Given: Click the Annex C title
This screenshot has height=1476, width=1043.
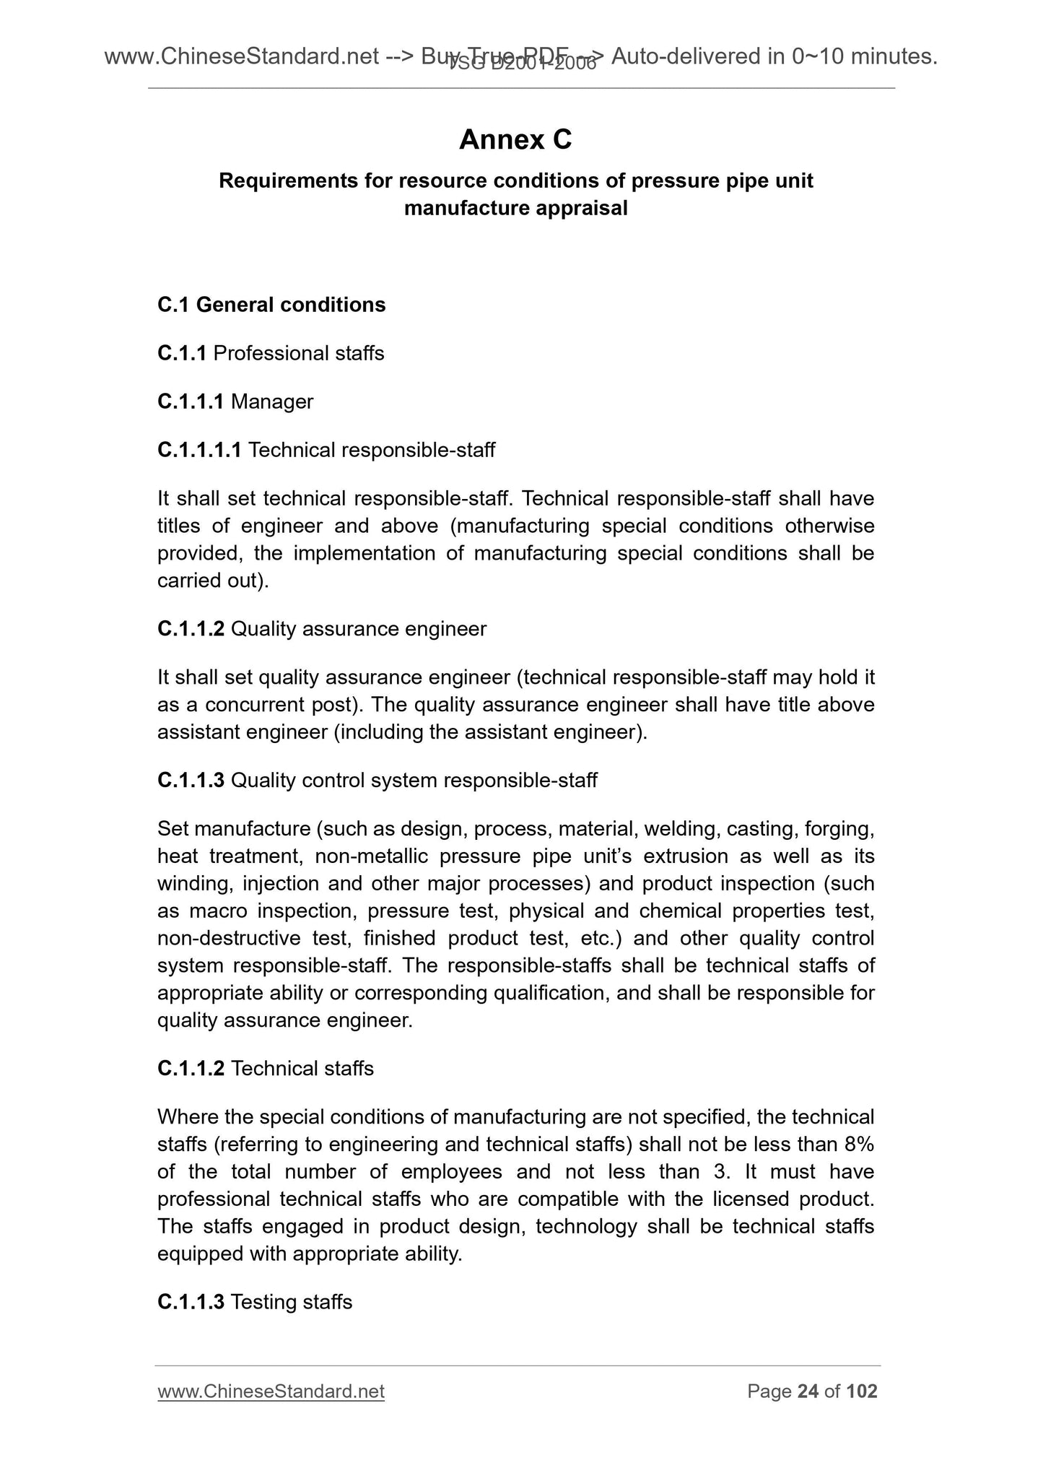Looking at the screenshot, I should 515,139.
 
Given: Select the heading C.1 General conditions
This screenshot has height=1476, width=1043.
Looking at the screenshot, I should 271,305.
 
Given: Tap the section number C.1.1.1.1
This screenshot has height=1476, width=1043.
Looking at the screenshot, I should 199,451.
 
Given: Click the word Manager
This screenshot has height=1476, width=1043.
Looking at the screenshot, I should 272,401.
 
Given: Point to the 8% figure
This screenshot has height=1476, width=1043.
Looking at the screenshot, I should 858,1145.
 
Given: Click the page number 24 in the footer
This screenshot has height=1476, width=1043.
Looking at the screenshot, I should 808,1392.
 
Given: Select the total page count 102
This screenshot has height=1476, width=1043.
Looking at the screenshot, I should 862,1392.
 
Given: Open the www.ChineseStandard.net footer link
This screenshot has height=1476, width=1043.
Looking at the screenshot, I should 271,1392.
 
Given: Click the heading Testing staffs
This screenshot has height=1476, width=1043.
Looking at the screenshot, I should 292,1302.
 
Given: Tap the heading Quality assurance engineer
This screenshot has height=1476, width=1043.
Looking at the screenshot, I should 359,629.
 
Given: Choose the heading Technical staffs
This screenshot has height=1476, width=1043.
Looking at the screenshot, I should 302,1068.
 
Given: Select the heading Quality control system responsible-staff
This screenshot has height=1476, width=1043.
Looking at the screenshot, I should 414,781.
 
